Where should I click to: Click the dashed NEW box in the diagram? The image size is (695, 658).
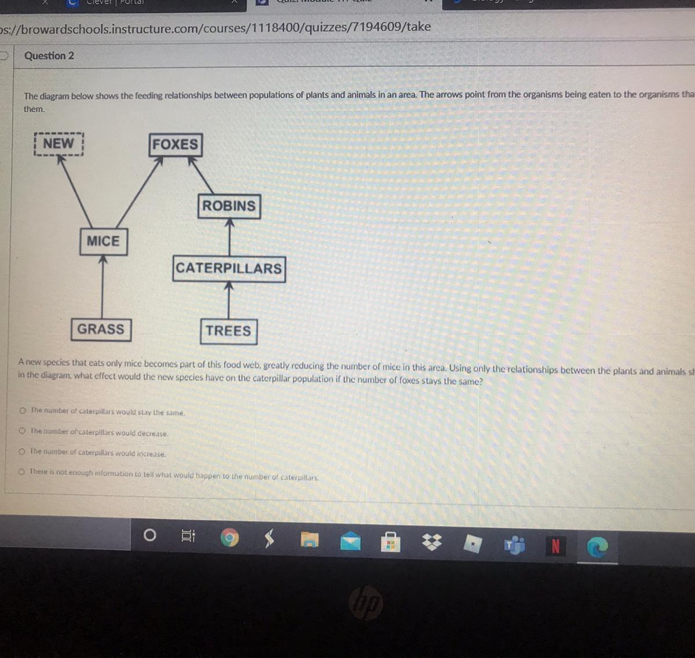(x=58, y=144)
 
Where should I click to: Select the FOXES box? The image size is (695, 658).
(x=175, y=144)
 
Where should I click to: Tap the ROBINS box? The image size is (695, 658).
(x=229, y=206)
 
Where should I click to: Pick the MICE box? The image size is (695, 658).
(x=103, y=241)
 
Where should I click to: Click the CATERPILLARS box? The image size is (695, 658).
(x=229, y=269)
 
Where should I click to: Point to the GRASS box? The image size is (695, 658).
(x=101, y=330)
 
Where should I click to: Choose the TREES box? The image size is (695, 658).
(x=228, y=331)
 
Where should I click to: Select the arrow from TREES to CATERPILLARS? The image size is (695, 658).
(x=229, y=300)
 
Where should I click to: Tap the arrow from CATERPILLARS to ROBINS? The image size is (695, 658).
(x=229, y=237)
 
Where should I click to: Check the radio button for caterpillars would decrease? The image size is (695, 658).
(x=22, y=431)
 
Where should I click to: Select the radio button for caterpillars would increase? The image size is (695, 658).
(x=22, y=451)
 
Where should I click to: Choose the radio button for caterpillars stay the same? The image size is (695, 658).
(x=22, y=410)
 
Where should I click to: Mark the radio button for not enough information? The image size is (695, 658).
(x=21, y=471)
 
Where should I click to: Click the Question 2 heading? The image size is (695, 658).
(x=49, y=56)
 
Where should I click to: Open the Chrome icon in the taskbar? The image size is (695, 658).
(x=230, y=539)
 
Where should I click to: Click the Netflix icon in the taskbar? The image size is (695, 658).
(x=555, y=546)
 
